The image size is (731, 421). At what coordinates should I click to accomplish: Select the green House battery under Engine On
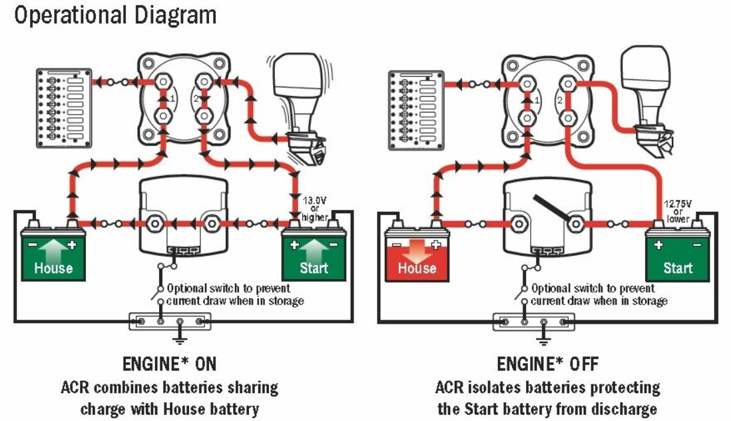[x=53, y=255]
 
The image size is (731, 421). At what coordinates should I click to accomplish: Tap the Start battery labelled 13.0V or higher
[x=314, y=255]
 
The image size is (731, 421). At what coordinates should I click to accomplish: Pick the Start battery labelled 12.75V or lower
[x=678, y=255]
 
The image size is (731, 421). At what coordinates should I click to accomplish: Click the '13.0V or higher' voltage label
[x=315, y=208]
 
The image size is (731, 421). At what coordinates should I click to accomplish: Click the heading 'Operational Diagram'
[x=115, y=15]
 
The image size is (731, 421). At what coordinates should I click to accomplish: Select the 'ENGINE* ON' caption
[x=169, y=364]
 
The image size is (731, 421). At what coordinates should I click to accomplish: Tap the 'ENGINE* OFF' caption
[x=547, y=364]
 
